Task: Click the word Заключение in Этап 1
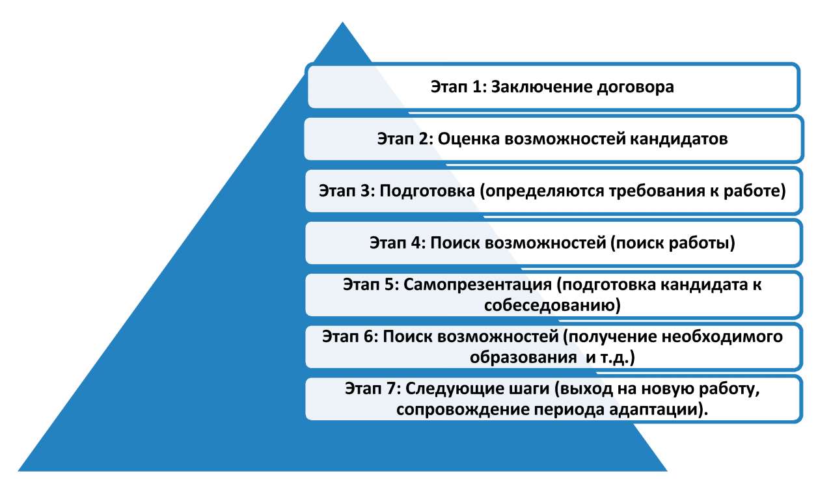pyautogui.click(x=541, y=87)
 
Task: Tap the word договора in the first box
pyautogui.click(x=636, y=88)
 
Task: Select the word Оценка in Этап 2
pyautogui.click(x=469, y=139)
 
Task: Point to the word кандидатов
pyautogui.click(x=679, y=140)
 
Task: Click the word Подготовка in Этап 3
pyautogui.click(x=428, y=191)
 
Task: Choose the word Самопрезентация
pyautogui.click(x=478, y=285)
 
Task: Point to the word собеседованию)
pyautogui.click(x=552, y=306)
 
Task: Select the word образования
pyautogui.click(x=523, y=358)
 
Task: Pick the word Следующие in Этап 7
pyautogui.click(x=478, y=389)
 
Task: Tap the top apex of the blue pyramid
pyautogui.click(x=342, y=22)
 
